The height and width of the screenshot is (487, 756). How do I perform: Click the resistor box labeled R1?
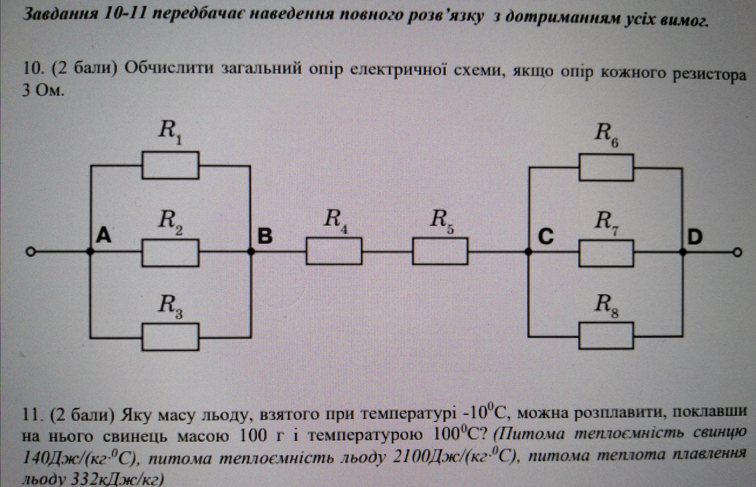(170, 165)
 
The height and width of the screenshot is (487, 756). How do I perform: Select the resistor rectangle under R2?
(170, 253)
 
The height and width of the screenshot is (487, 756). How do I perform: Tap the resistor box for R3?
(170, 337)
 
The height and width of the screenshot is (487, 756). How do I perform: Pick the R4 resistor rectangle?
(334, 251)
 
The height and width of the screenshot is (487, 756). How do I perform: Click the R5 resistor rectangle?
(440, 251)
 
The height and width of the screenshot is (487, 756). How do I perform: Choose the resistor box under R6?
(606, 168)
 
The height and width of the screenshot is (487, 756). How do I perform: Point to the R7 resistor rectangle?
(606, 253)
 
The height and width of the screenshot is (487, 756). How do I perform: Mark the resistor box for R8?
(606, 336)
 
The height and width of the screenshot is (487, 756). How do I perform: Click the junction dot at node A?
(90, 252)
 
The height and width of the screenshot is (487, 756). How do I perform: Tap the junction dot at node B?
(251, 252)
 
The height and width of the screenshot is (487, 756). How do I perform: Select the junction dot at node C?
(528, 252)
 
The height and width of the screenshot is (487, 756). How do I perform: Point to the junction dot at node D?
(683, 252)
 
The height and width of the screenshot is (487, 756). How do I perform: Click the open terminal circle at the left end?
(31, 252)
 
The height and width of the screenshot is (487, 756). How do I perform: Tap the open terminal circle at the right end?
(738, 253)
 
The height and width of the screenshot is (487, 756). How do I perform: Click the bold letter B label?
(265, 236)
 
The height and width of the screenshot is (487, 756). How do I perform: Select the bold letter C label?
(546, 236)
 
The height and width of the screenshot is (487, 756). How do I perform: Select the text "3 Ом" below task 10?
(43, 91)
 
